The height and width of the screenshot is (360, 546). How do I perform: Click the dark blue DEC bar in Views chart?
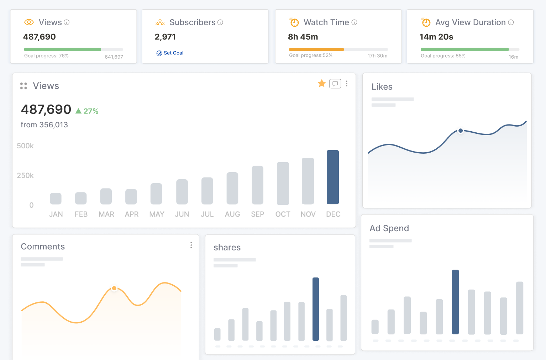coord(332,177)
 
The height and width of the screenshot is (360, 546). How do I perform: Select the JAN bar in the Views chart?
coord(56,198)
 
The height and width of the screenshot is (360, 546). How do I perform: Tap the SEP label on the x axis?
coord(257,214)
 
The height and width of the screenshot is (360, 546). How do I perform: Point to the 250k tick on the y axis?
coord(25,175)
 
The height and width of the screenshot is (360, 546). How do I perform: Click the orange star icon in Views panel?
coord(322,83)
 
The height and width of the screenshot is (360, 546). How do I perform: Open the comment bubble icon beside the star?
coord(335,84)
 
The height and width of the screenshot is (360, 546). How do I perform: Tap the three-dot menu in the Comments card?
coord(191,245)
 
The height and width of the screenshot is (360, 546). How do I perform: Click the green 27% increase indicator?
coord(87,111)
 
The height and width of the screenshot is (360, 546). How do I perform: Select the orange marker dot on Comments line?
coord(114,288)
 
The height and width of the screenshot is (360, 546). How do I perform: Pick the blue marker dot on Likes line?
coord(461,131)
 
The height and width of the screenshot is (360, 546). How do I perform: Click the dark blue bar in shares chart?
coord(315,309)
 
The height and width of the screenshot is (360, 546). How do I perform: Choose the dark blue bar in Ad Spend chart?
coord(455,302)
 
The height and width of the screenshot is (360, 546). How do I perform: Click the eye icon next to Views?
coord(29,22)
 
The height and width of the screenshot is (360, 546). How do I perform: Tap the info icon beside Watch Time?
coord(354,22)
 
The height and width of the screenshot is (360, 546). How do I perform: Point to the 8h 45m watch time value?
coord(303,37)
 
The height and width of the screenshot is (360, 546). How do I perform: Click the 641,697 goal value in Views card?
coord(114,57)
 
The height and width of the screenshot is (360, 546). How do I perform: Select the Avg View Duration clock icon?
coord(426,22)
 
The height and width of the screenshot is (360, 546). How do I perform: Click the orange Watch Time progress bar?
coord(316,49)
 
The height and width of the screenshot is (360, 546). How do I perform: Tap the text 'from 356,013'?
coord(44,125)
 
